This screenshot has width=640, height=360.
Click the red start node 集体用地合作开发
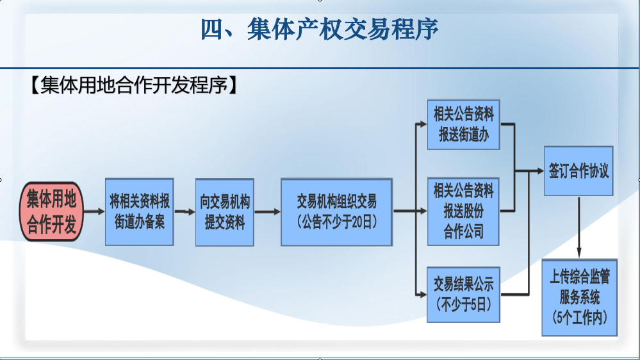51,211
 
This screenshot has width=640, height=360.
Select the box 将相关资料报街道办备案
139,212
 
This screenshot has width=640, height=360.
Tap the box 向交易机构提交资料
224,212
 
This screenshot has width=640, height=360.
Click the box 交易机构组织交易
337,212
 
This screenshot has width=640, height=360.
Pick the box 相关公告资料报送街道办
464,124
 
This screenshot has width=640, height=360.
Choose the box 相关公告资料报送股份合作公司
463,211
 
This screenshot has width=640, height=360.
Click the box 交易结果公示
463,295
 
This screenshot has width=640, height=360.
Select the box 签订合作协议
578,171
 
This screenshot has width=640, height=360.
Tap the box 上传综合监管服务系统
580,298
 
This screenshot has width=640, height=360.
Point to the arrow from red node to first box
94,211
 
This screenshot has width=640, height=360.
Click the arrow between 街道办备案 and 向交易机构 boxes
185,211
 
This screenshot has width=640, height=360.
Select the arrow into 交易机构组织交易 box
267,211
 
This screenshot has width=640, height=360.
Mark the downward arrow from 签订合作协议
578,227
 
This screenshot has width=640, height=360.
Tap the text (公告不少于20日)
337,222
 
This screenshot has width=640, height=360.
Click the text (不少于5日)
463,304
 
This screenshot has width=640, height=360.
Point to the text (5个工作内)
580,317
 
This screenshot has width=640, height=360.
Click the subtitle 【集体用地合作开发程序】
134,85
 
